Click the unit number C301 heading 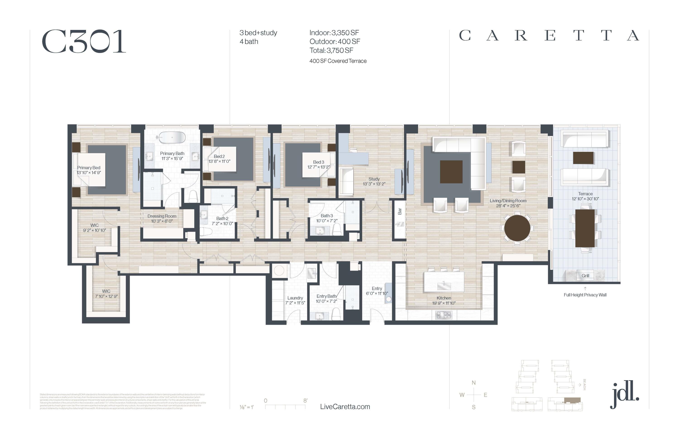[x=84, y=42]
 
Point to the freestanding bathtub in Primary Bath [x=172, y=138]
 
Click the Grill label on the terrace [x=585, y=276]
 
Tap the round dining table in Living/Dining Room [x=517, y=228]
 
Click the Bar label [x=400, y=211]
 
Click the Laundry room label [x=295, y=298]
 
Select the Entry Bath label [x=326, y=296]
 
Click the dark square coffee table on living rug [x=451, y=172]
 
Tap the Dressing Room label [x=162, y=216]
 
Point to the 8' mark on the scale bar [x=305, y=401]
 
